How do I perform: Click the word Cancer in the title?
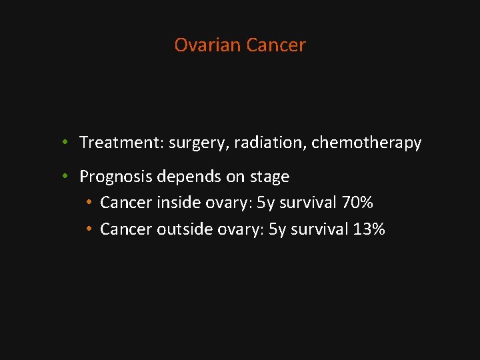[275, 45]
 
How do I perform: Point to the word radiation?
[270, 143]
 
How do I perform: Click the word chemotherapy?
[367, 143]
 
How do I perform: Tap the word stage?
[269, 177]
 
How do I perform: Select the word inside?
[175, 203]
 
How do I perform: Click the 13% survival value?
[369, 229]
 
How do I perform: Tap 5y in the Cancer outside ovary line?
[277, 230]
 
